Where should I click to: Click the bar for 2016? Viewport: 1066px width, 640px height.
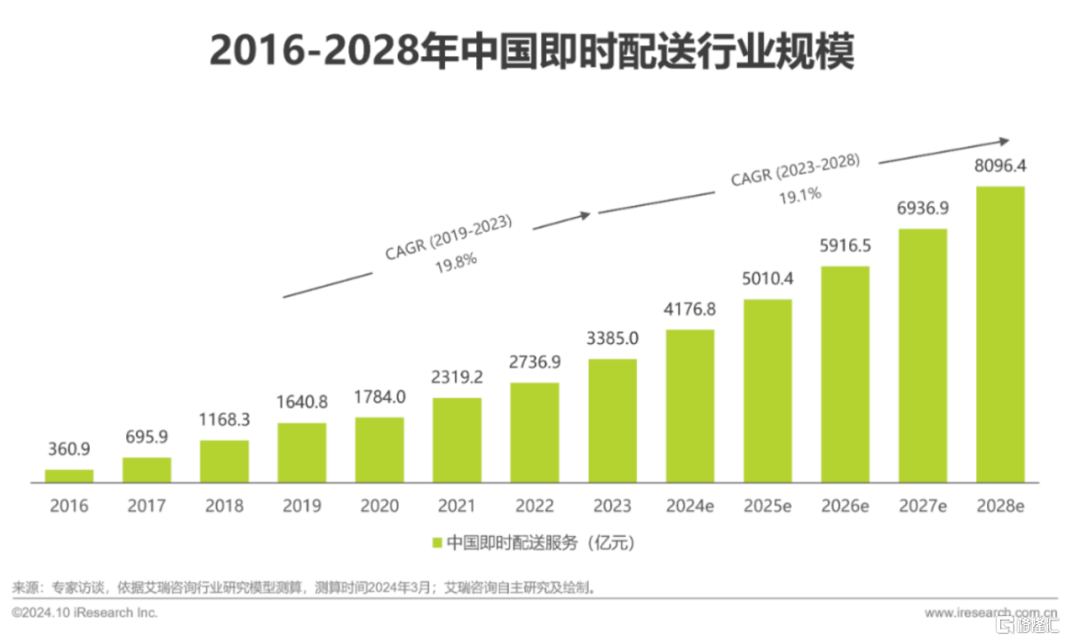click(68, 476)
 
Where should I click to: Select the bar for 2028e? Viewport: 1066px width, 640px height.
click(1000, 334)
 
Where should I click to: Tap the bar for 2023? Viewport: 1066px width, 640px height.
click(612, 420)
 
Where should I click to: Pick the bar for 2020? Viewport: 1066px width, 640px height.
click(379, 450)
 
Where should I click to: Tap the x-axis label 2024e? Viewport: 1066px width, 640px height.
click(689, 507)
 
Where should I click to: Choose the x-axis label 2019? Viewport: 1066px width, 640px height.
click(301, 507)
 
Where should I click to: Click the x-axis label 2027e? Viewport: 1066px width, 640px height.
click(922, 507)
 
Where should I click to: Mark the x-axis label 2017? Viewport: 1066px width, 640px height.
click(146, 507)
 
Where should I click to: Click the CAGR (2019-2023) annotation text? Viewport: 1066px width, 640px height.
click(449, 236)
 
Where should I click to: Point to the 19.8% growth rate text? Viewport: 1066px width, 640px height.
click(456, 260)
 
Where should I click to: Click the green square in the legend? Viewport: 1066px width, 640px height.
click(436, 542)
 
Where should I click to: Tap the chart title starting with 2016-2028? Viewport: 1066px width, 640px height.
click(531, 52)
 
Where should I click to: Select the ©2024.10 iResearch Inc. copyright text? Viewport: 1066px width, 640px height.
click(84, 613)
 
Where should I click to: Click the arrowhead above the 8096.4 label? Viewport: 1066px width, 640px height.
click(1005, 140)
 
